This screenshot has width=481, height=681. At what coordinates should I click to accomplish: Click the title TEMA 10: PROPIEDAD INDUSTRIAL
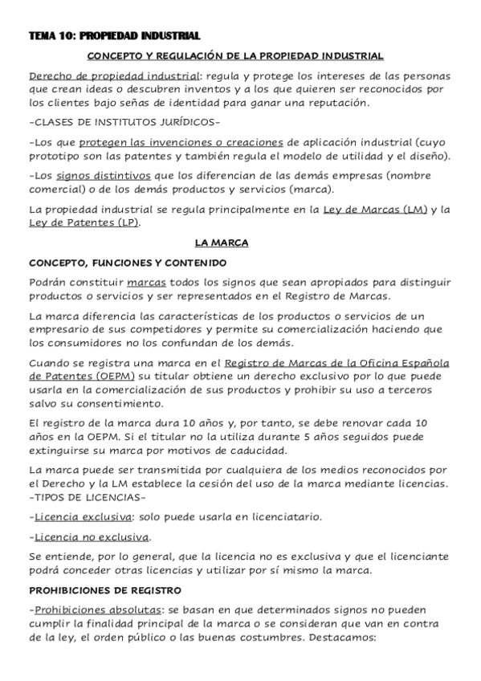(114, 36)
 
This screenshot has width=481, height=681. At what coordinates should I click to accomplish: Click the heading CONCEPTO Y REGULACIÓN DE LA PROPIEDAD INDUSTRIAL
(234, 56)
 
